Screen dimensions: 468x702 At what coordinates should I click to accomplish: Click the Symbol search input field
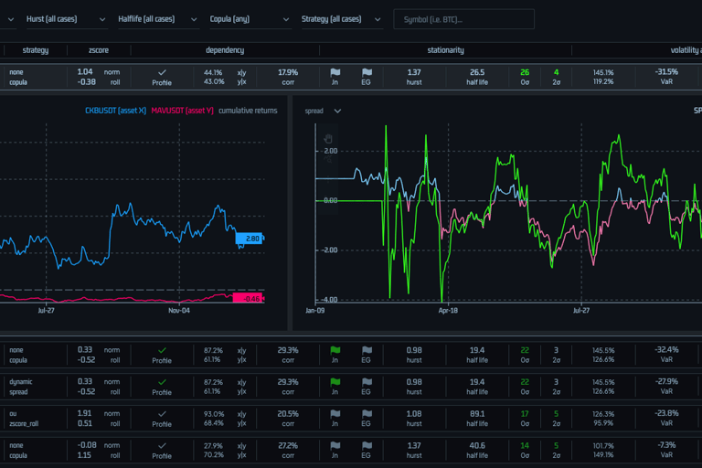coord(463,19)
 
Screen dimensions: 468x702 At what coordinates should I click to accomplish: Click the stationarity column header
coord(445,50)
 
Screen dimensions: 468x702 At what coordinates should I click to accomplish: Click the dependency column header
coord(225,50)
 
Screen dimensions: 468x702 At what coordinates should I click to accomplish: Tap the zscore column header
coord(98,50)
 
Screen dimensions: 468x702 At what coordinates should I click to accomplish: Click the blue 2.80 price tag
coord(250,239)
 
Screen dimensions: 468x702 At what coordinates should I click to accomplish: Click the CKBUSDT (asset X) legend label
coord(114,111)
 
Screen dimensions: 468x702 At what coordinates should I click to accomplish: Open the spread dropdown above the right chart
coord(324,111)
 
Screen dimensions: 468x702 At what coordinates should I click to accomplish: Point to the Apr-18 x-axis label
coord(448,311)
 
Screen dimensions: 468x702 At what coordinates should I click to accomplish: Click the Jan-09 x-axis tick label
coord(315,311)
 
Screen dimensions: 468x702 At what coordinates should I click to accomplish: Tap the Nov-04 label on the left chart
coord(179,311)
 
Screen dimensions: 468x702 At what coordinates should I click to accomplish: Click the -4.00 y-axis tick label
coord(327,299)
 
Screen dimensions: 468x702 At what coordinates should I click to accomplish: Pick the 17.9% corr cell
coord(288,72)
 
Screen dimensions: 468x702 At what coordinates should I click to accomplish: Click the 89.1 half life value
coord(477,412)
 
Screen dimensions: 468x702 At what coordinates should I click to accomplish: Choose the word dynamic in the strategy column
coord(21,381)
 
